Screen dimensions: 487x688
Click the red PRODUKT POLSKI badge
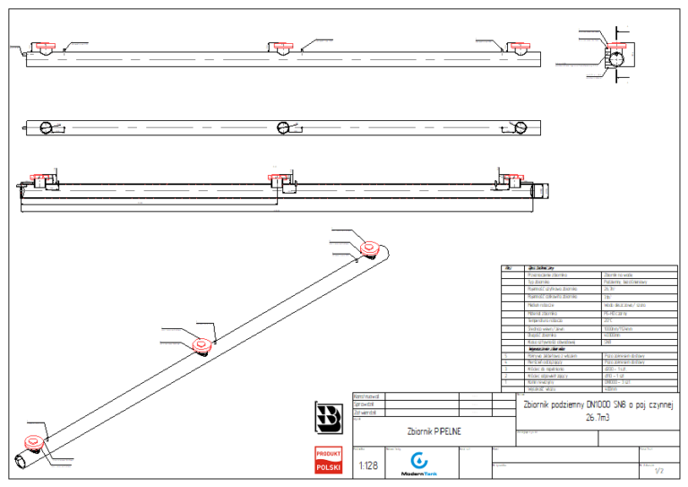[x=328, y=460]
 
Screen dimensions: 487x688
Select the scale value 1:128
[x=367, y=465]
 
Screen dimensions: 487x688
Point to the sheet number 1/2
[x=659, y=470]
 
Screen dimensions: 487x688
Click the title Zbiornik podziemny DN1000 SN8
[x=597, y=404]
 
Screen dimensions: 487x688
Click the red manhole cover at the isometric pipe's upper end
[x=368, y=248]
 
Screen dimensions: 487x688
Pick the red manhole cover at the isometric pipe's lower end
[x=33, y=441]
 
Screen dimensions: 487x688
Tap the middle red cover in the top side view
[x=282, y=45]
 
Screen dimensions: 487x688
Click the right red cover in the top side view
[x=518, y=45]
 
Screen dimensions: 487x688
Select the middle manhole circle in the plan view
[x=283, y=127]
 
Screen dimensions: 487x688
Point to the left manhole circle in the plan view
[x=46, y=127]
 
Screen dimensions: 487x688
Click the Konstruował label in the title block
[x=367, y=396]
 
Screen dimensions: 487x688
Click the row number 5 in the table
[x=507, y=356]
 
